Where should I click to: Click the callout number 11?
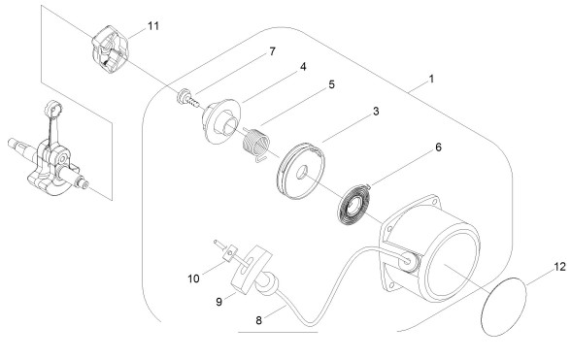[x=153, y=26]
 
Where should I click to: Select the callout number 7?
[x=272, y=51]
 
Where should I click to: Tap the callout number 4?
[x=303, y=67]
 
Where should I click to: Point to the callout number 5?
[x=331, y=84]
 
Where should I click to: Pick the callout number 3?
[x=376, y=112]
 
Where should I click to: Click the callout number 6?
[x=438, y=147]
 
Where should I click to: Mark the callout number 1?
[x=431, y=79]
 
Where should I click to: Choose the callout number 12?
[x=560, y=267]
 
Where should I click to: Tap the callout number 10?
[x=193, y=278]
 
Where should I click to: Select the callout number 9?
[x=218, y=302]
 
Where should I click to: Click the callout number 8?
[x=258, y=320]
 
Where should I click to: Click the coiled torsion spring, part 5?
[x=256, y=144]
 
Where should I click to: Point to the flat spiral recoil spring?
[x=353, y=205]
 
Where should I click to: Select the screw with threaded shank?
[x=188, y=99]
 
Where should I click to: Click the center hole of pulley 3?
[x=302, y=173]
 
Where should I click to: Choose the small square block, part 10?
[x=230, y=253]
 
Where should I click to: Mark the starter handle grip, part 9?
[x=252, y=269]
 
